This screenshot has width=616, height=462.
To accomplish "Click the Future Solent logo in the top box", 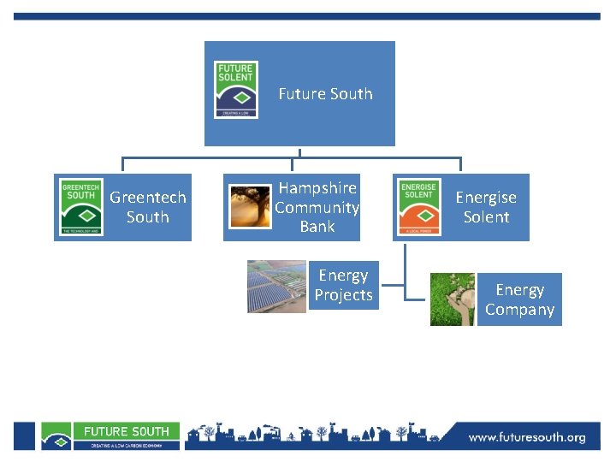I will pos(235,89).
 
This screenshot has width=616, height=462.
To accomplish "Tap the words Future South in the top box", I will pos(325,94).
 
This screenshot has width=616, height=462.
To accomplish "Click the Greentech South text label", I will pos(148,207).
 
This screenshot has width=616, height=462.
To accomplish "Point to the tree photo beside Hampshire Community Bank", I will pos(250,206).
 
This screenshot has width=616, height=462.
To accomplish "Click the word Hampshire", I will pos(317,188).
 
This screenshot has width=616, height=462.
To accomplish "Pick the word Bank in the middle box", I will pos(317,227).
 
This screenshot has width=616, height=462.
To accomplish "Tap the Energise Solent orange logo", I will pos(419,207).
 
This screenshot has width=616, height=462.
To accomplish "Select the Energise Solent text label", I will pos(486,207).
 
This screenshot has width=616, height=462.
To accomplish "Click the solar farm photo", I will pos(276,287).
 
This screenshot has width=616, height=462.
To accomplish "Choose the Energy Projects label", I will pos(343,286).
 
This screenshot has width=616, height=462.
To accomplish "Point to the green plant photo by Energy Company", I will pos(453,299).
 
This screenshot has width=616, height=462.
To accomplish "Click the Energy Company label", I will pos(519,300).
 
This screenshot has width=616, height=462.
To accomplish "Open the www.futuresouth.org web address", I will pos(527,438).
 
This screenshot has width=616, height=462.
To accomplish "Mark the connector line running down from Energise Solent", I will pos(405,269).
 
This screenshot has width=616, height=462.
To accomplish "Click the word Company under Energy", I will pos(519,310).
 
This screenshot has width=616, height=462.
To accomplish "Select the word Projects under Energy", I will pos(343,295).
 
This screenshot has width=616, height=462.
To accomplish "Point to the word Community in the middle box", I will pos(317,208).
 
